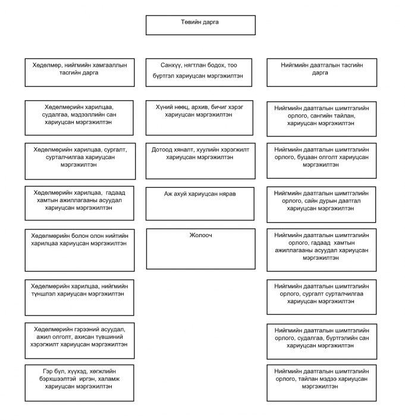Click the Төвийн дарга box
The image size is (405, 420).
200,25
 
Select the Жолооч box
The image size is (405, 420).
201,249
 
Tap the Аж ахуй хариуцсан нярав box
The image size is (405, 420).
200,204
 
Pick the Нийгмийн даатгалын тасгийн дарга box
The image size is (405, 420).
322,73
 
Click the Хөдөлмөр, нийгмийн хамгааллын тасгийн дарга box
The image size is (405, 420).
80,73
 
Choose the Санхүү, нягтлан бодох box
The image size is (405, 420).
199,73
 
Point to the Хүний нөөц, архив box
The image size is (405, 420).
199,118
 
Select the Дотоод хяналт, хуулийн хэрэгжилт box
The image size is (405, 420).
200,161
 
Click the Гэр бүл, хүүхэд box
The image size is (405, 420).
80,383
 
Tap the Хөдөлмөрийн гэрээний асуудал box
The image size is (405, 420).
80,341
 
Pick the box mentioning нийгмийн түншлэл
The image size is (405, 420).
80,298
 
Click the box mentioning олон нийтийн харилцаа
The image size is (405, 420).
80,250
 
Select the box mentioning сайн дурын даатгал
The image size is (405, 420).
321,205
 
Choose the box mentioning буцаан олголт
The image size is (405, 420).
322,161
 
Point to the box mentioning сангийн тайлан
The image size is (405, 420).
322,119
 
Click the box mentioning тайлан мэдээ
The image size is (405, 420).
322,383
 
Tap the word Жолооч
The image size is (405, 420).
201,235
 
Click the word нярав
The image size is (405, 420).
227,194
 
